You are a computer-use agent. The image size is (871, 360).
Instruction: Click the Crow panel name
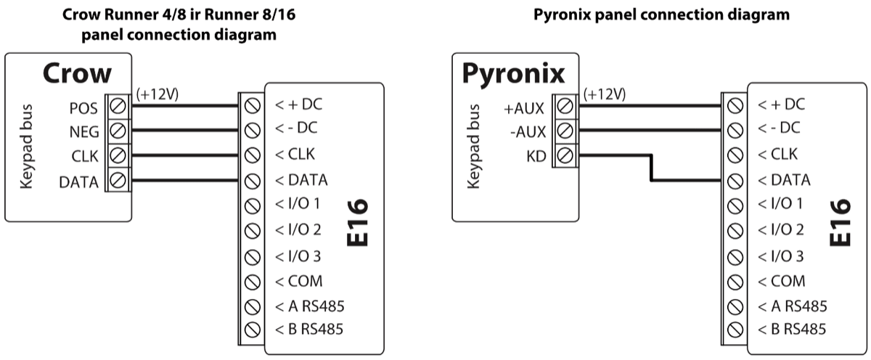77,73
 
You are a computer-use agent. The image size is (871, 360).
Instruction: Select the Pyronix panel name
513,73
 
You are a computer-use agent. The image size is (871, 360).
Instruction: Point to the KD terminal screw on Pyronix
565,155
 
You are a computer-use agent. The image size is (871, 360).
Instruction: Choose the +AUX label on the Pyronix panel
523,109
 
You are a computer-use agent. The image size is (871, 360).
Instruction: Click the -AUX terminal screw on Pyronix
565,131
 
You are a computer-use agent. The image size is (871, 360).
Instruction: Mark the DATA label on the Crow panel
78,182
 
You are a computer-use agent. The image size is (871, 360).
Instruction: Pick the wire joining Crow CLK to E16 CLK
185,155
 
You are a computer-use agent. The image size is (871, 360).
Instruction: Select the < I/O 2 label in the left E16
298,230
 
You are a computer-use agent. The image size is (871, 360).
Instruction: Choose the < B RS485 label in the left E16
309,330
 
